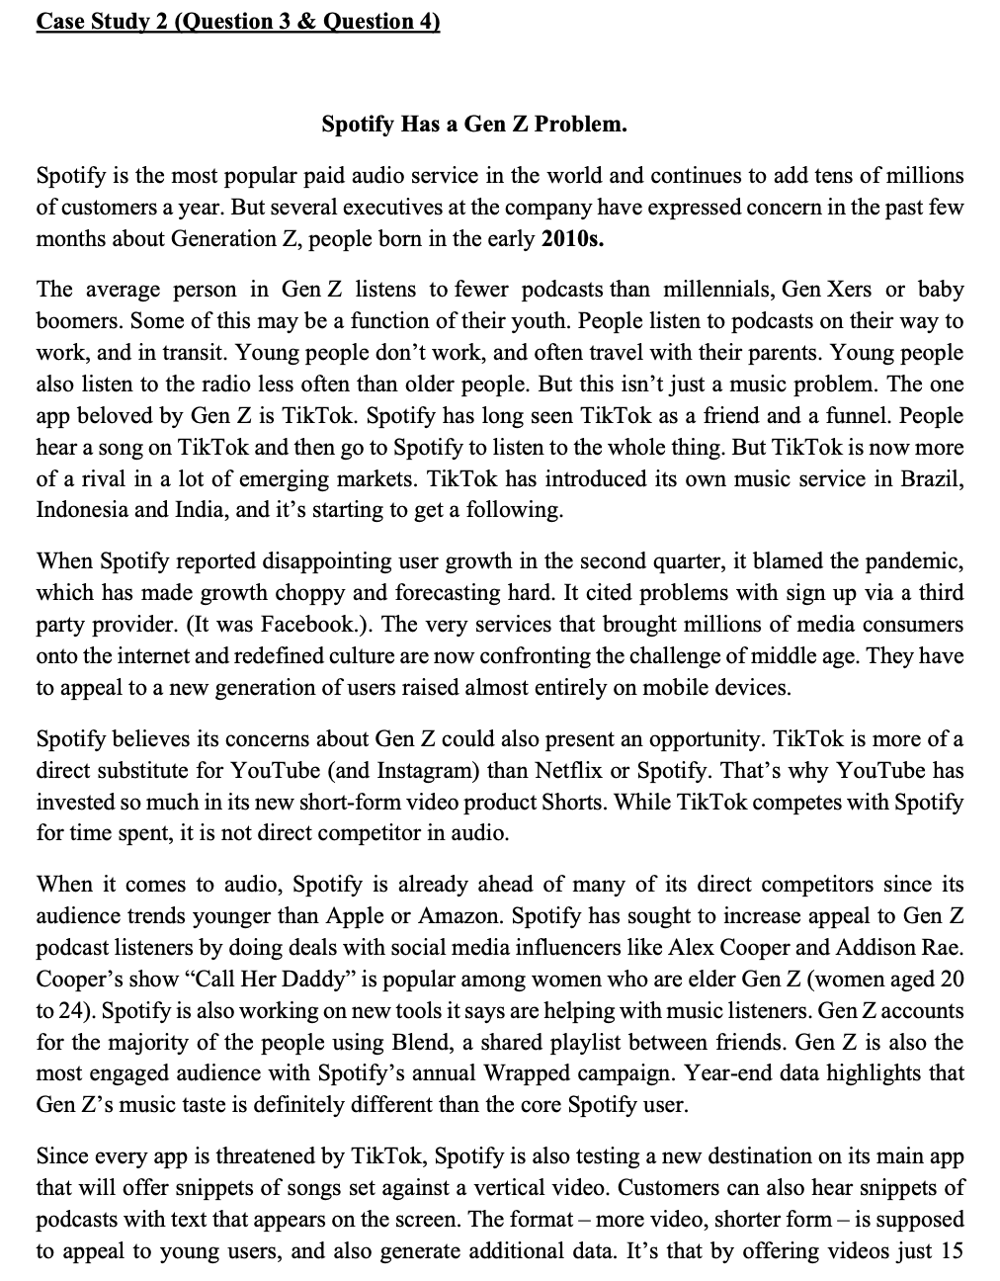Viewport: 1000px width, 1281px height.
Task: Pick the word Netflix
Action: tap(562, 771)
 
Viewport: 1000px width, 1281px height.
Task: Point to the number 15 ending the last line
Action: tap(951, 1251)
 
